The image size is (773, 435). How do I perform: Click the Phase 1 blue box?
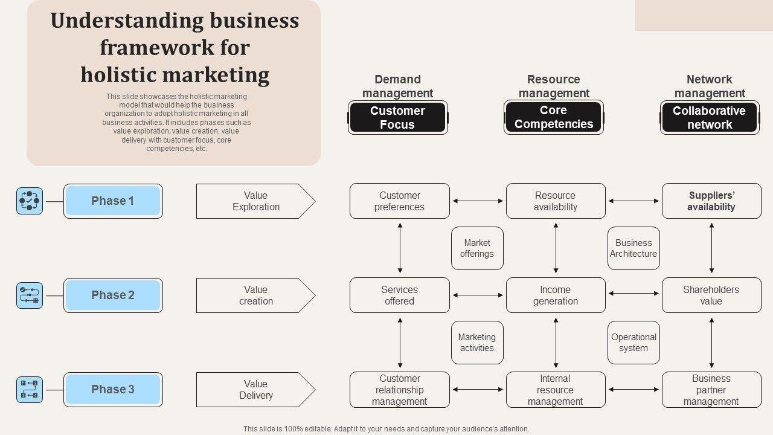coord(113,201)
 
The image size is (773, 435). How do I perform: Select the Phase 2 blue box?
coord(113,295)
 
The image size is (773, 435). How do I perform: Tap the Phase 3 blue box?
coord(113,390)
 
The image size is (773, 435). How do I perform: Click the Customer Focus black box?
coord(397,118)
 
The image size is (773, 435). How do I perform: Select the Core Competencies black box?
coord(554,117)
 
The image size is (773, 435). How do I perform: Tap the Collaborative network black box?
coord(710,118)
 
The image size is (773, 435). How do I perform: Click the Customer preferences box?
coord(400,201)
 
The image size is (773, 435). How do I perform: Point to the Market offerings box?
coord(477,248)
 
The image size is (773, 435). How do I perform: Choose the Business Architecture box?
coord(633,248)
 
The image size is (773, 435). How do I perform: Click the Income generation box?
coord(556,295)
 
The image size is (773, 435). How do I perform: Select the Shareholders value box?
coord(711,295)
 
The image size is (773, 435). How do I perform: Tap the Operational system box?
coord(633,343)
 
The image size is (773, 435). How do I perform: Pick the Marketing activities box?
coord(477,343)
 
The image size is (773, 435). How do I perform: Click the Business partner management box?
coord(711,390)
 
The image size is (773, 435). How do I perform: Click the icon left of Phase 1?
coord(30,201)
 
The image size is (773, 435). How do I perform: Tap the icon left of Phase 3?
coord(30,390)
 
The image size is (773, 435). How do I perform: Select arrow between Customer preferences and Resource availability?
coord(478,201)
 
